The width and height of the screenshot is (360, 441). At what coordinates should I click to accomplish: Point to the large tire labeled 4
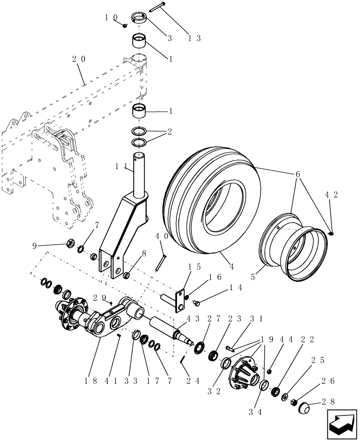207,207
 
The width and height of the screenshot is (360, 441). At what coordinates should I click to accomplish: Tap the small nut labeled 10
125,25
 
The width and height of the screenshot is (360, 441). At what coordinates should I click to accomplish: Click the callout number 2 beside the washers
170,132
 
